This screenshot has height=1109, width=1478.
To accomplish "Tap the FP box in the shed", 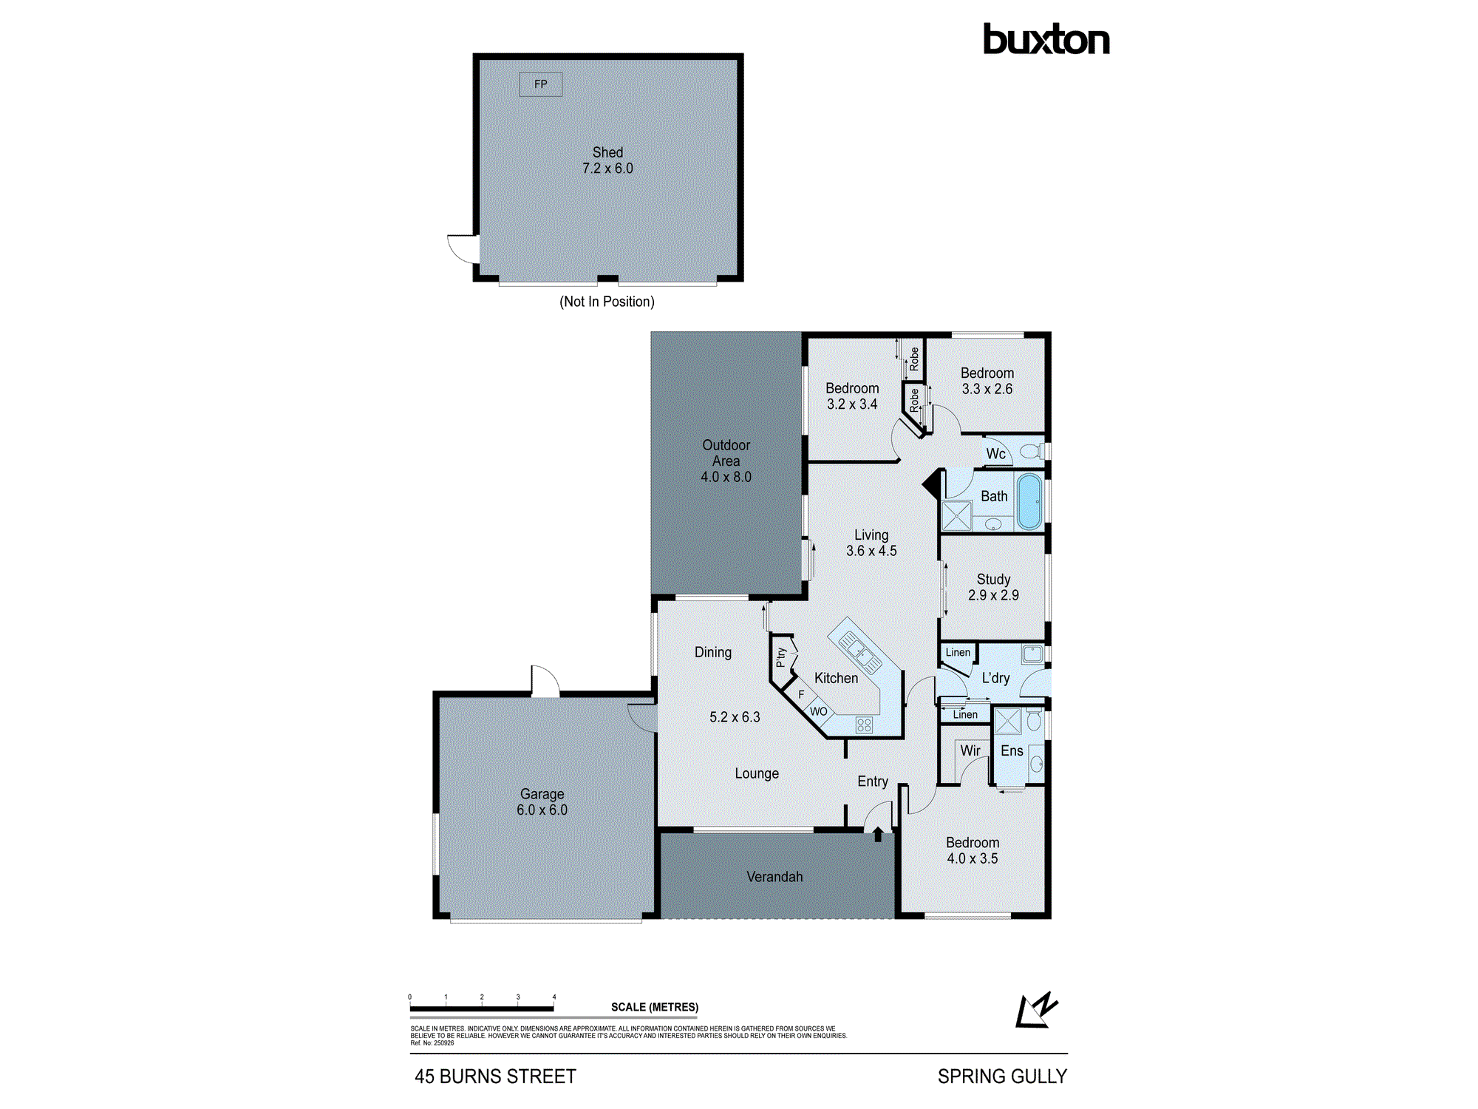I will pos(540,84).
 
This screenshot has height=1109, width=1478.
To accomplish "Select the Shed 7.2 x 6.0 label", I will pos(607,160).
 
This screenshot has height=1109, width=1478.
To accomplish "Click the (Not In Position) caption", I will pos(607,302).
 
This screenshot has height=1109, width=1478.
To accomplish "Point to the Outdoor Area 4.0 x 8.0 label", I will pos(726,461).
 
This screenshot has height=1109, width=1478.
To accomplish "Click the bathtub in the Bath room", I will pos(1029,502).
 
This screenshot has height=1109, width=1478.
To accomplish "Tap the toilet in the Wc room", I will pos(1031,451).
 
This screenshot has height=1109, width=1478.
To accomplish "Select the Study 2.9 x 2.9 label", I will pos(993,587).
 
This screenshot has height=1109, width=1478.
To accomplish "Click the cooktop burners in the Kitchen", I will pos(864,725).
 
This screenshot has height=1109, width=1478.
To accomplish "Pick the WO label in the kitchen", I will pos(818,711).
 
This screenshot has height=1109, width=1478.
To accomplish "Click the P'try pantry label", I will pos(781,657).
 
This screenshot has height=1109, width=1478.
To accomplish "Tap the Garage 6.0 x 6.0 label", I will pos(542,802).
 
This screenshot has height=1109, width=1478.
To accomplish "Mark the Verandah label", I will pos(774,877).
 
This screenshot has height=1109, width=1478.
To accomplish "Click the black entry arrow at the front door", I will pos(878,834).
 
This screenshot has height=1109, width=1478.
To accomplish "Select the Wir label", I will pos(970,751).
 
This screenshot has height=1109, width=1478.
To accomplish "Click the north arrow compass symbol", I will pos(1036,1011).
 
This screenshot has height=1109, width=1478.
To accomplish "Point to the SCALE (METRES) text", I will pos(654,1007).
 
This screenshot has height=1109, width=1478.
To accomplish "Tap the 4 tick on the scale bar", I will pos(554,997).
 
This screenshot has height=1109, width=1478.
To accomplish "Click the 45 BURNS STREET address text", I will pos(495,1076).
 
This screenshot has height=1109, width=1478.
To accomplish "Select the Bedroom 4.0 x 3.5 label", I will pos(972,850).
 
